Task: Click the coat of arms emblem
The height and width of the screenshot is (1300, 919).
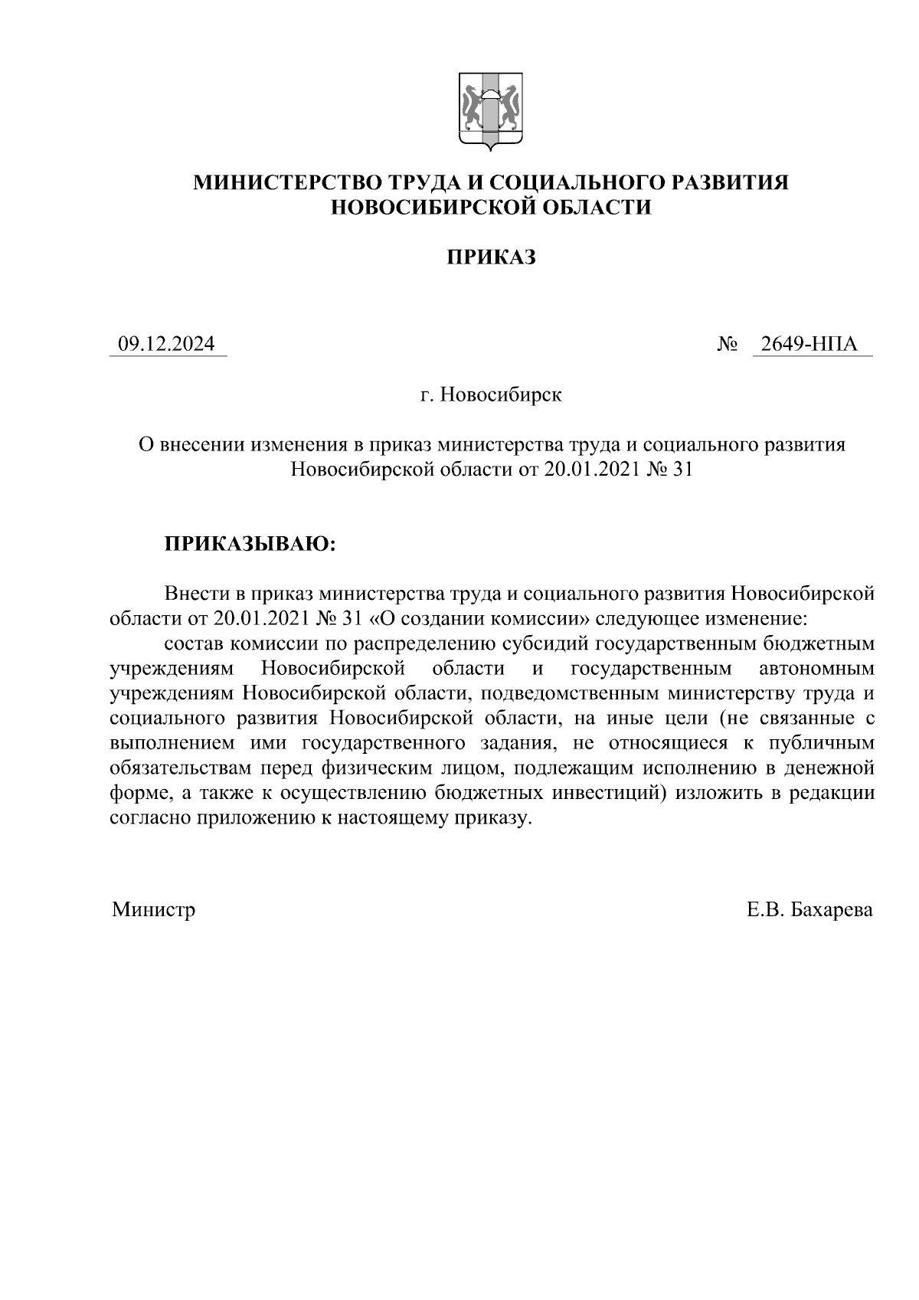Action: coord(490,110)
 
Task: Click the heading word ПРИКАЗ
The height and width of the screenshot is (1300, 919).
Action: coord(491,257)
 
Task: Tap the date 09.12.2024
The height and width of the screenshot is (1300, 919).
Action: coord(167,345)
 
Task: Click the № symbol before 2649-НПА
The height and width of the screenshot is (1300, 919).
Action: coord(727,345)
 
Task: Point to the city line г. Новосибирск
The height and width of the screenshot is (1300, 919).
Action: coord(491,395)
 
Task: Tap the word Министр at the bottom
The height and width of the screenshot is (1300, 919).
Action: coord(153,910)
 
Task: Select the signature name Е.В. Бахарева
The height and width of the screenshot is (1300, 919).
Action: coord(810,910)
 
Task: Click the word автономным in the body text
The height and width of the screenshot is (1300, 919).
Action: coord(816,669)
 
